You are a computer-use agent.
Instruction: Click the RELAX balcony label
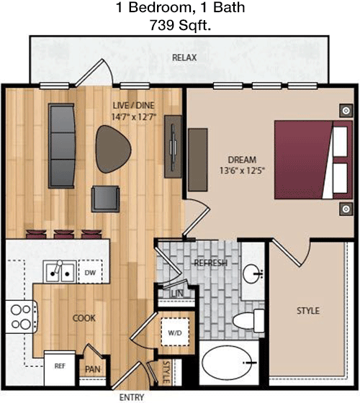click(184, 58)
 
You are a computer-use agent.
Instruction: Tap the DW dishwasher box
click(90, 272)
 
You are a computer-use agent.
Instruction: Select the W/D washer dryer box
click(175, 332)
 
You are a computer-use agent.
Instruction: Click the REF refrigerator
click(60, 368)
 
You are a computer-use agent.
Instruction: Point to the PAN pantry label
click(93, 369)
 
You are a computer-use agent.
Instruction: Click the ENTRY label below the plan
click(132, 397)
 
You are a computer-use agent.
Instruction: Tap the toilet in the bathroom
click(248, 320)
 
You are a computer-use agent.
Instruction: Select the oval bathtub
click(227, 363)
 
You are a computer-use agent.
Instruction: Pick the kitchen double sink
click(60, 272)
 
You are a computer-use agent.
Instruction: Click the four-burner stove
click(21, 317)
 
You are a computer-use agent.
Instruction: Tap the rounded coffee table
click(113, 149)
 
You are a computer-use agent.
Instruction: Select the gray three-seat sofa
click(62, 145)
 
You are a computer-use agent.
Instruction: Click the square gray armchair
click(105, 199)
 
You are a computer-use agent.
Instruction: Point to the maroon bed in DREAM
click(313, 160)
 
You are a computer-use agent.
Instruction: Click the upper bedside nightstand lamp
click(346, 111)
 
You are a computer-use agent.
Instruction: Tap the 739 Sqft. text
click(181, 25)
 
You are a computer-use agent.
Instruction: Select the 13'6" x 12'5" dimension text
click(242, 171)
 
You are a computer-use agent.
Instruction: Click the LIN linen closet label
click(177, 294)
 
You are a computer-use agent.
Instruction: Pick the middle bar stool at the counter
click(64, 234)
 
